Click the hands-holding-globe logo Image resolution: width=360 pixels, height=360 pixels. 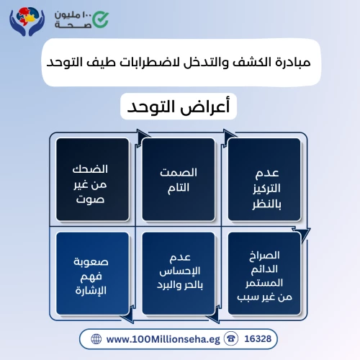pos(27,22)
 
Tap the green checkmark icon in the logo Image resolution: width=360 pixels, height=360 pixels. pos(101,19)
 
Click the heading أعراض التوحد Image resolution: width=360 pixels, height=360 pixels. pos(179,107)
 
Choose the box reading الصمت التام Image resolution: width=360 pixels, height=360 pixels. pos(179,179)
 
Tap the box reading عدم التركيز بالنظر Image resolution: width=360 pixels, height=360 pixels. pos(264,179)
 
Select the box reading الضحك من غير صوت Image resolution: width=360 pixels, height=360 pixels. pos(92,179)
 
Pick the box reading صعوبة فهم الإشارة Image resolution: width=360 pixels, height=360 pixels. pos(92,274)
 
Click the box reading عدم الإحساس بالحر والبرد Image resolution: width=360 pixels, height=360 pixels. pos(179,274)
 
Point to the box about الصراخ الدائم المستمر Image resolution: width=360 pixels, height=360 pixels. pos(264,274)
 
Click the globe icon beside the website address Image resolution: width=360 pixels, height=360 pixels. pos(96,339)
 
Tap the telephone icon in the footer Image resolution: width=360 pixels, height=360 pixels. pos(231,339)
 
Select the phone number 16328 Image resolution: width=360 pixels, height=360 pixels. pos(258,339)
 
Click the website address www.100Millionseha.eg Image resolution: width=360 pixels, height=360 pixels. pos(163,339)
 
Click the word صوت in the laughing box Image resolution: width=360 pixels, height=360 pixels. pos(90,199)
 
